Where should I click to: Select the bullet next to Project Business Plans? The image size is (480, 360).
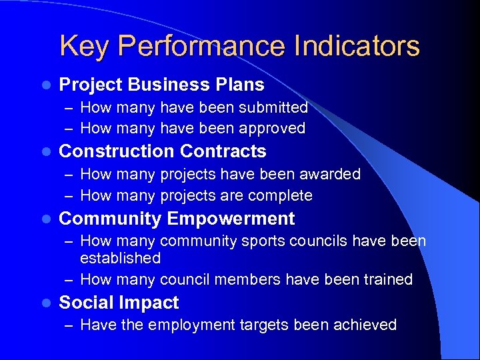(45, 85)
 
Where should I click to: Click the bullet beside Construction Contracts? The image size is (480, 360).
(45, 152)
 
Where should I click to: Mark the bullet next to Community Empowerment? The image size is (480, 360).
(45, 219)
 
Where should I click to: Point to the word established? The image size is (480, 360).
(120, 258)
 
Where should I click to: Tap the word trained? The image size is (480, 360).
(388, 279)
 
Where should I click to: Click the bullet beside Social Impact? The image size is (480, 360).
(45, 303)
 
